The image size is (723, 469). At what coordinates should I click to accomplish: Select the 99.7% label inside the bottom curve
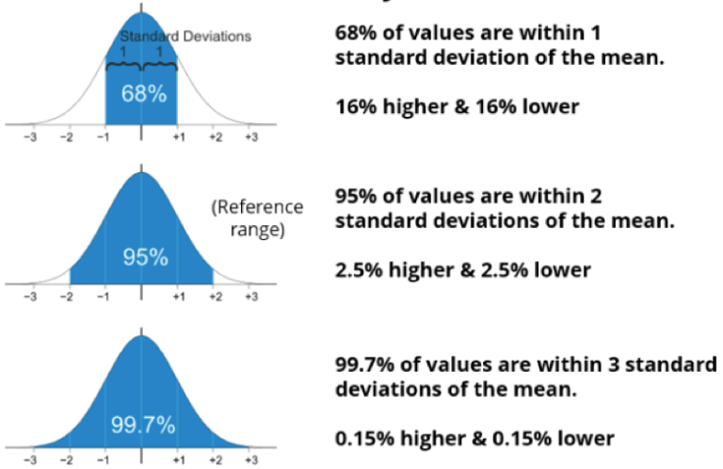tap(143, 425)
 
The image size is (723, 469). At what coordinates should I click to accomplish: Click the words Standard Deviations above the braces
tap(185, 37)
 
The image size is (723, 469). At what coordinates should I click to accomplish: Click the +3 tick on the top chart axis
tap(250, 137)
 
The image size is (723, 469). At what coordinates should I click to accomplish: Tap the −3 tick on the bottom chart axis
tap(31, 461)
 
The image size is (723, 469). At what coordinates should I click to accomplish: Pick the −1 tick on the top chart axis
tap(104, 137)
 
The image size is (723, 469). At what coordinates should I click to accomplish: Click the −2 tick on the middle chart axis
tap(67, 297)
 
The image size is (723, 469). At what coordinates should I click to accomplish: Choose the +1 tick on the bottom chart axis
tap(178, 461)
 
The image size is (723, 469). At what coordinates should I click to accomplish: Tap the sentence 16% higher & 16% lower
tap(457, 105)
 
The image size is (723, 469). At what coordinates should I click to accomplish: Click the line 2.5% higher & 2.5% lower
tap(463, 270)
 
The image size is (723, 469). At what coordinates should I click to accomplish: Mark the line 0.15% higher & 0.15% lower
tap(474, 438)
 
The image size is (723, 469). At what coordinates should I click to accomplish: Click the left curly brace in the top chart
tap(123, 65)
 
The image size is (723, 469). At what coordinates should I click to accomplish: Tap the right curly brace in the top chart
tap(160, 65)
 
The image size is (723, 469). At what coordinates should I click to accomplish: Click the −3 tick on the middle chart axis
tap(31, 297)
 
